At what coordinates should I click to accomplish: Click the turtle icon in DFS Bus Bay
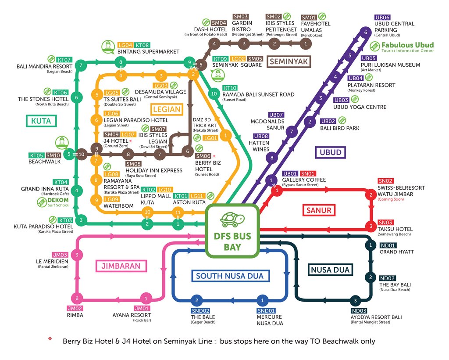pyautogui.click(x=232, y=220)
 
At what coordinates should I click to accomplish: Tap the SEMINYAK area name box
pyautogui.click(x=289, y=61)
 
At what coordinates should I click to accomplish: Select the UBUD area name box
pyautogui.click(x=331, y=152)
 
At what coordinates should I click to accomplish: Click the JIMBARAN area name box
pyautogui.click(x=121, y=266)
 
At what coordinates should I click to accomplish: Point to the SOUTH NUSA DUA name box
pyautogui.click(x=230, y=276)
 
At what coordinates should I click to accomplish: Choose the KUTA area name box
pyautogui.click(x=41, y=121)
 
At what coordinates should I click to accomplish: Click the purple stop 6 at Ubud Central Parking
pyautogui.click(x=365, y=32)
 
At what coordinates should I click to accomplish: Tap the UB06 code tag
pyautogui.click(x=382, y=18)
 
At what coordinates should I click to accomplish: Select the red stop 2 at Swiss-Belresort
pyautogui.click(x=371, y=195)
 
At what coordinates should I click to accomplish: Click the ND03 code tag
pyautogui.click(x=359, y=311)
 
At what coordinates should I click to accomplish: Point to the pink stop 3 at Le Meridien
pyautogui.click(x=77, y=255)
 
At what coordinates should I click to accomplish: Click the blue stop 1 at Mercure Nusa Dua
pyautogui.click(x=262, y=300)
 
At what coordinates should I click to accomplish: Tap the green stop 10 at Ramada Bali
pyautogui.click(x=214, y=94)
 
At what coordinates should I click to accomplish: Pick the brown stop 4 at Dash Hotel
pyautogui.click(x=214, y=44)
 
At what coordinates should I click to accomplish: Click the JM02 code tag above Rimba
pyautogui.click(x=75, y=308)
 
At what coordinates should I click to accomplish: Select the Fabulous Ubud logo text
pyautogui.click(x=407, y=47)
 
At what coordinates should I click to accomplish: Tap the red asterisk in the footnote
pyautogui.click(x=50, y=339)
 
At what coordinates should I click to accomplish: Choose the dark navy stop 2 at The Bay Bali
pyautogui.click(x=371, y=277)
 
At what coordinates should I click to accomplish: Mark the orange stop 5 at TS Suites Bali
pyautogui.click(x=97, y=95)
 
